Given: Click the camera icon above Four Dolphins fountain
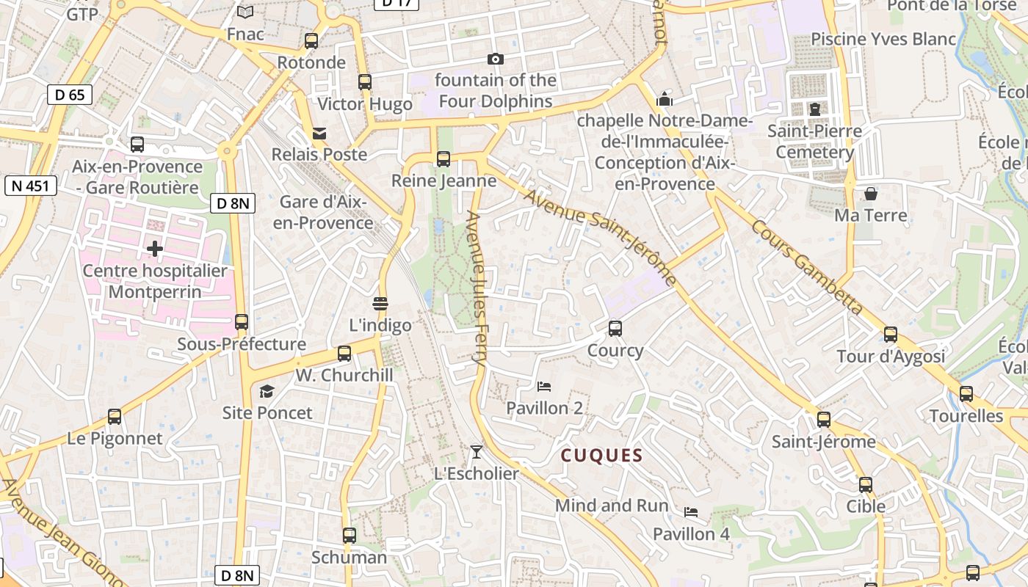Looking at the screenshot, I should (496, 59).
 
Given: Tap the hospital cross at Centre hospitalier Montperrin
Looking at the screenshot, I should (155, 249).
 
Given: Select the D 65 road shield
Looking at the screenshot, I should (70, 94).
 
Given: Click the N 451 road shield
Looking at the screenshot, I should (30, 186).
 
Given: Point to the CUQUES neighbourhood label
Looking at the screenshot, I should (602, 456).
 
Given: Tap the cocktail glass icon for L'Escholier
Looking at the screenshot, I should (477, 451).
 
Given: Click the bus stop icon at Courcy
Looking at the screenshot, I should (615, 329).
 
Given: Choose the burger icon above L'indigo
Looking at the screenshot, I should (380, 303).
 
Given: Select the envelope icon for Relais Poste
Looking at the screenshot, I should (319, 133).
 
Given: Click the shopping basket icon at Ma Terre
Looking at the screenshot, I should (870, 194).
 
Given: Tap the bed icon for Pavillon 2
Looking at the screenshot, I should (544, 386).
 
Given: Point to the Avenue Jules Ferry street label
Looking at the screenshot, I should (477, 289).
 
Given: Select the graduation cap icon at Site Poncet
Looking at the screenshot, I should (267, 391).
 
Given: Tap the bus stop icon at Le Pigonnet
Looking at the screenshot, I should (115, 417).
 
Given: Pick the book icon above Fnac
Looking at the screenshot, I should (245, 12).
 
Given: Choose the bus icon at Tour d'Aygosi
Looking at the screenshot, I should (891, 335).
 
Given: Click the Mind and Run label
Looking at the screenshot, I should (612, 506).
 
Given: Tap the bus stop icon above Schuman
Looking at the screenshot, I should (350, 536).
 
